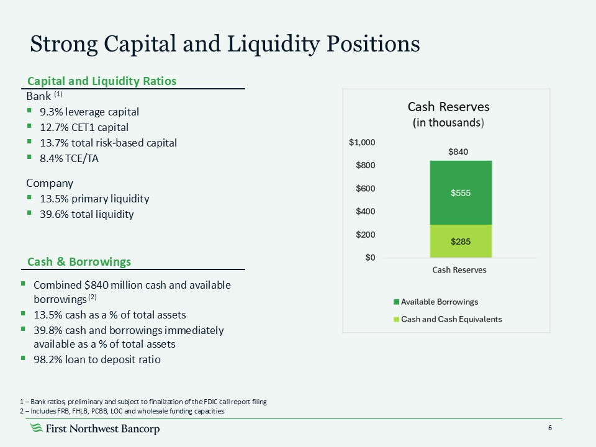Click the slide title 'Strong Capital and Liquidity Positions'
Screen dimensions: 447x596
click(225, 44)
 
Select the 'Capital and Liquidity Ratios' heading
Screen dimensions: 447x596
click(101, 81)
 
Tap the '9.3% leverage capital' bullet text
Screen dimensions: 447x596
click(89, 112)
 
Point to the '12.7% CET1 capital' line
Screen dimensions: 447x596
click(84, 127)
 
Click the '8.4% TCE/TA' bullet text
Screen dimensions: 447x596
click(69, 158)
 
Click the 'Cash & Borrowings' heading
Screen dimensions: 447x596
click(78, 262)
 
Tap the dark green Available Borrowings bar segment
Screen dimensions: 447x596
click(461, 192)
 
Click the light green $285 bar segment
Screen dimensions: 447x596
click(461, 241)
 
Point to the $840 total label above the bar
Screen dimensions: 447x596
click(460, 151)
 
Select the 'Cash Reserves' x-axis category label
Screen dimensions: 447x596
click(459, 270)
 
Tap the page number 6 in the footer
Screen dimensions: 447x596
click(550, 429)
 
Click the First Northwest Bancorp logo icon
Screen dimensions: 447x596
click(37, 429)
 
